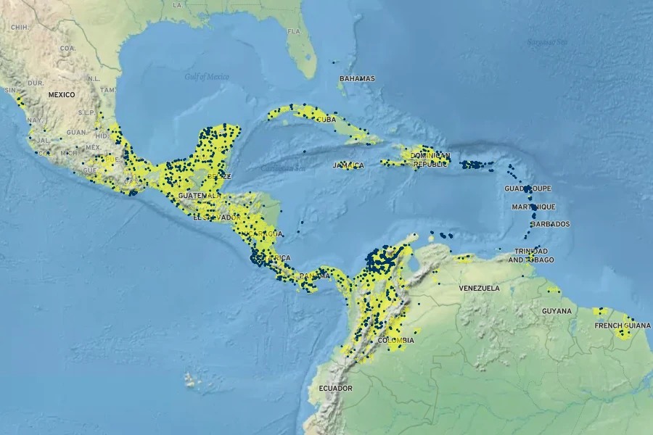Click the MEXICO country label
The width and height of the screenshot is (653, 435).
coord(62,95)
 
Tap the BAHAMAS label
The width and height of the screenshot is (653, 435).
coord(357,78)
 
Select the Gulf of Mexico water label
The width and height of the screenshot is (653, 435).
coord(206,77)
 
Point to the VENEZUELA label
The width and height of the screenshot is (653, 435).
coord(479,289)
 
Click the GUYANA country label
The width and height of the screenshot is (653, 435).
coord(557,311)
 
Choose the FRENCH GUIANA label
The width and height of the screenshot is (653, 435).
coord(618,326)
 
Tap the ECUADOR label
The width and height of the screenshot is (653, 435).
coord(335,389)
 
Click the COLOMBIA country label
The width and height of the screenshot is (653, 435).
coord(396,340)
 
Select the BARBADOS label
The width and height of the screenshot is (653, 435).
coord(550,224)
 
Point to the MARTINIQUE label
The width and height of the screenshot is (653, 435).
coord(533,207)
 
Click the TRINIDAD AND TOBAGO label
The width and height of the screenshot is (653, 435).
coord(530,255)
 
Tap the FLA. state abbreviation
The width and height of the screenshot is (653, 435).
coord(294,32)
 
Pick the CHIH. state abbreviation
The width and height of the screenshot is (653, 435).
coord(19,27)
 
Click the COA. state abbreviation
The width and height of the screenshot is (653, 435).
coord(67,48)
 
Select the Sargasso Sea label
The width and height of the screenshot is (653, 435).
coord(546,41)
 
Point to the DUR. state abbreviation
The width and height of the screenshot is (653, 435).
coord(36,83)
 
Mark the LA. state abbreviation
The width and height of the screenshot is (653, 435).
coord(178,4)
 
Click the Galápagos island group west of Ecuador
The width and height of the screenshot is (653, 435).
coord(193,379)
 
